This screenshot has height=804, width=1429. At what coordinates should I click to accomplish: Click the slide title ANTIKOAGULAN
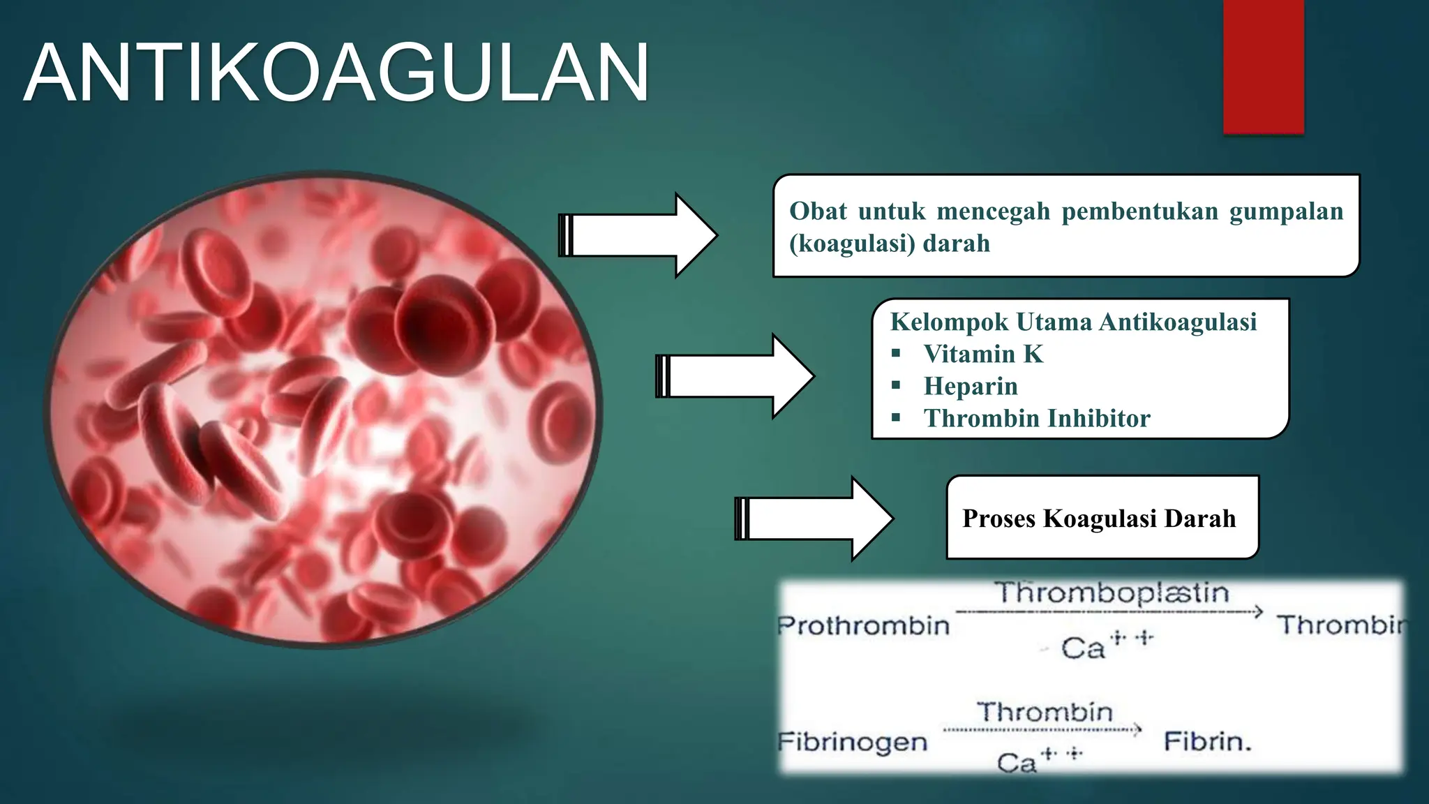point(336,73)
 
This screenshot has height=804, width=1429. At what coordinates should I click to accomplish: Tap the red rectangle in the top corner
point(1263,66)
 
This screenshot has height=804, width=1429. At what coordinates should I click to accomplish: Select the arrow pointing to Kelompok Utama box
point(735,376)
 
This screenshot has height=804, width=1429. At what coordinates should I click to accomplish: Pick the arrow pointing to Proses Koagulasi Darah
point(814,519)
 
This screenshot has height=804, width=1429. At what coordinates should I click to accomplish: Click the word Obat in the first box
point(818,211)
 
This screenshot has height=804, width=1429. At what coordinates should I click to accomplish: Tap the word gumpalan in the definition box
point(1285,211)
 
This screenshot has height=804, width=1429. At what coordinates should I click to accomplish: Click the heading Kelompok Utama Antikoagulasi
point(1073,322)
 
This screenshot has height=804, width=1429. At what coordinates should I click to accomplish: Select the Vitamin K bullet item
point(982,354)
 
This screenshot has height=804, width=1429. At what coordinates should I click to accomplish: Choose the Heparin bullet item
point(970,386)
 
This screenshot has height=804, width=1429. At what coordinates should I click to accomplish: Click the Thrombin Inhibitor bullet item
point(1036,418)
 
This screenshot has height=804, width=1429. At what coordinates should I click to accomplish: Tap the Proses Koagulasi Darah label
point(1099,518)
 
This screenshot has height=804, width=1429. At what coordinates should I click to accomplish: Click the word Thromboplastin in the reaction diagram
point(1112,593)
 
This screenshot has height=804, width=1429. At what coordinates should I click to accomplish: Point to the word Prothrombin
point(864,625)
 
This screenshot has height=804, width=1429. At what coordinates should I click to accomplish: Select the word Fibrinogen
point(853,741)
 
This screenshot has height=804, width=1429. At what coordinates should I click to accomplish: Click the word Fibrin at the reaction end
point(1207,741)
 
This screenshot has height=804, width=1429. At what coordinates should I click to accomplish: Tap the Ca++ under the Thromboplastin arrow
point(1106,646)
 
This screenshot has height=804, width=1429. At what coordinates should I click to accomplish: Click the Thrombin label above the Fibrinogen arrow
point(1044,712)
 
